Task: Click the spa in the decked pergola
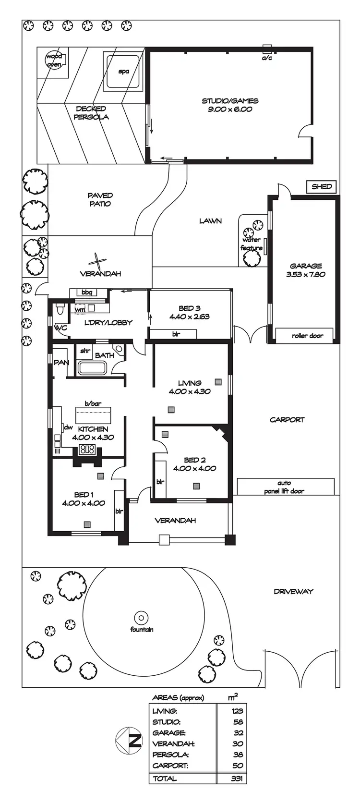click(123, 72)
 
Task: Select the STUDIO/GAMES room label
click(230, 101)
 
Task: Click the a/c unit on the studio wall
click(267, 49)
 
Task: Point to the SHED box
click(321, 186)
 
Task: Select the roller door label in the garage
click(307, 336)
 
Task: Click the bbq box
click(87, 292)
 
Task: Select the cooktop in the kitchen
click(87, 450)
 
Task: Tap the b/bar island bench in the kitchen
click(93, 414)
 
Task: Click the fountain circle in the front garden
click(141, 618)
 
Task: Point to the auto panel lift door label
click(284, 487)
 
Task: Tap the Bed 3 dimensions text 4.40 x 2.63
click(189, 317)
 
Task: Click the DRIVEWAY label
click(293, 592)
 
